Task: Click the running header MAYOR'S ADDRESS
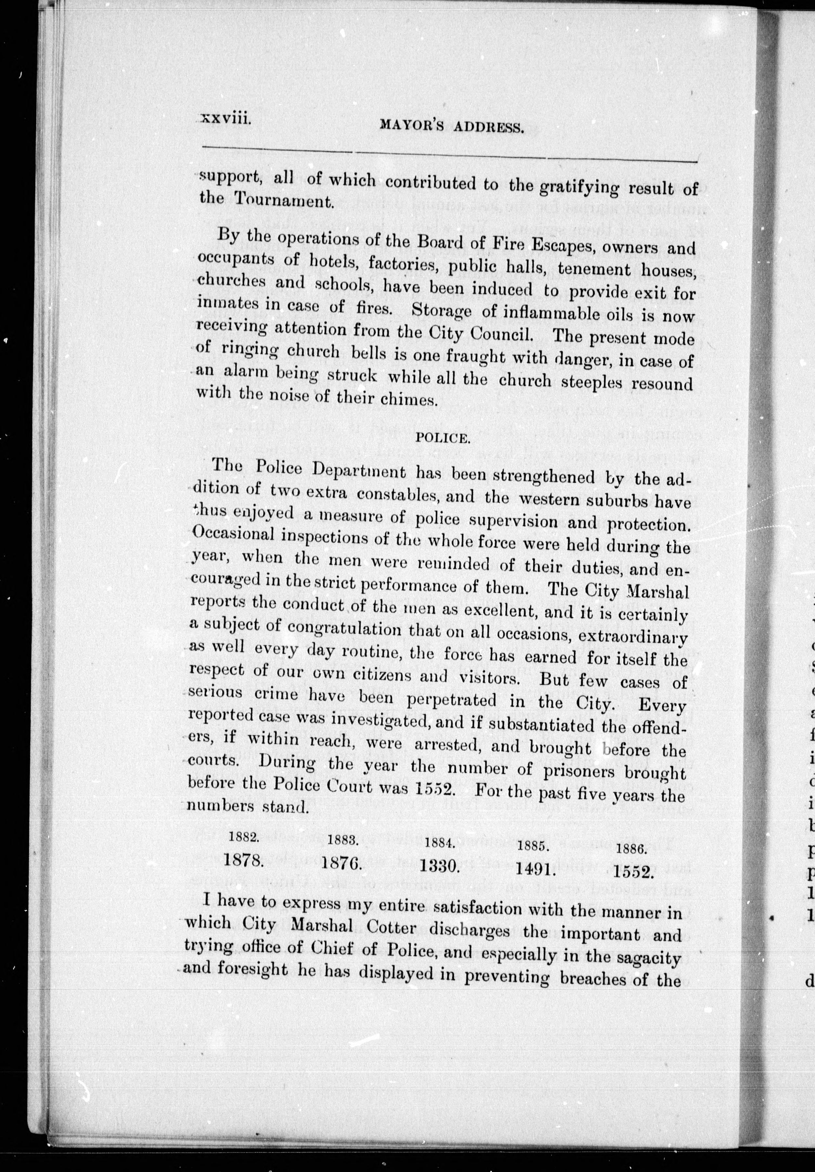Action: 452,127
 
